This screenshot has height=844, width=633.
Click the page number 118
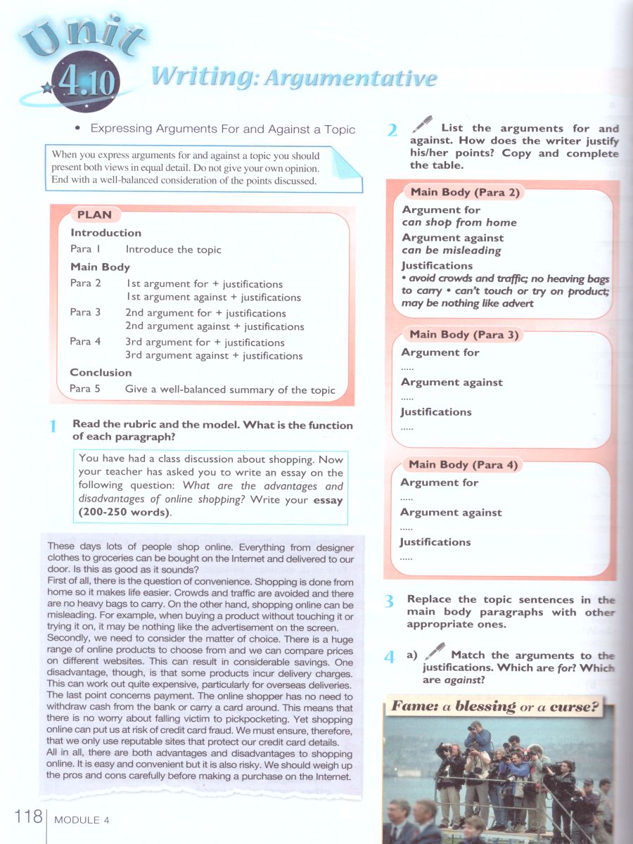coord(27,817)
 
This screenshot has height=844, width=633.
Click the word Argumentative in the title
coord(350,78)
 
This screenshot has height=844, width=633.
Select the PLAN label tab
coord(94,215)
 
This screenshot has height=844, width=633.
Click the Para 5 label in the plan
coord(85,389)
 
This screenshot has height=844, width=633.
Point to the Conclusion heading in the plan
coord(101,373)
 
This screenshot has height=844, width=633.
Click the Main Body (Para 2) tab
coord(464,192)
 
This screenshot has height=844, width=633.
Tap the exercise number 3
coord(389,601)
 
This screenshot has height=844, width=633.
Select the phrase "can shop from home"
coord(459,222)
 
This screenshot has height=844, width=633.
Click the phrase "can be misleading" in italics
coord(452,250)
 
